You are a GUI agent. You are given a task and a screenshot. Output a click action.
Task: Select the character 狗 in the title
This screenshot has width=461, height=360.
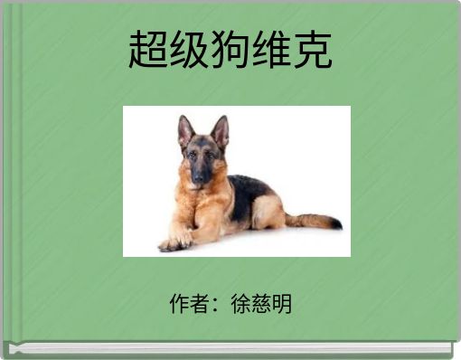[230, 51]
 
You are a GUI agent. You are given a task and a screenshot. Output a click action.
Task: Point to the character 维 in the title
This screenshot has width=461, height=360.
[270, 51]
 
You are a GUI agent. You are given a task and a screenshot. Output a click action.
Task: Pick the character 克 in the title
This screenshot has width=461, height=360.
[312, 51]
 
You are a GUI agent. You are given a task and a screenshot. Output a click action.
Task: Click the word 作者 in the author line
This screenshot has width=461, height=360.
[189, 303]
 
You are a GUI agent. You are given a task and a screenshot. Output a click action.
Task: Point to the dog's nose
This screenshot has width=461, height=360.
[196, 180]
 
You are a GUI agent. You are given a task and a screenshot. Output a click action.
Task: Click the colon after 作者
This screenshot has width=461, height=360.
[217, 305]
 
